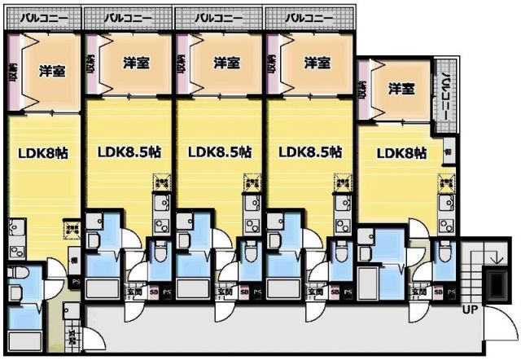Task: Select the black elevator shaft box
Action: coord(494,286)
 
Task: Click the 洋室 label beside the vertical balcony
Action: coord(401,88)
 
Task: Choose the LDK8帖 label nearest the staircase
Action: coord(401,152)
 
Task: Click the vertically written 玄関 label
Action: coord(72,333)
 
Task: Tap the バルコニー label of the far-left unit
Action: coord(42,16)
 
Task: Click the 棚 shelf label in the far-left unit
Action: coord(75,260)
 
